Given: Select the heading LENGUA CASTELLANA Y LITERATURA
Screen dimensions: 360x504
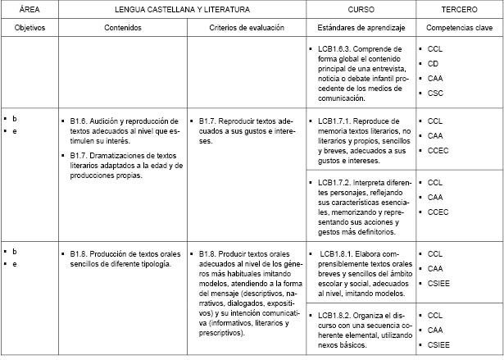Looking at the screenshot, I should tap(181, 9).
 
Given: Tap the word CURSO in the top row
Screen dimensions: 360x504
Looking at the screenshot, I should tap(361, 9).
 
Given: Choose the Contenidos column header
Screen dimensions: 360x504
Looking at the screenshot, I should tap(123, 27).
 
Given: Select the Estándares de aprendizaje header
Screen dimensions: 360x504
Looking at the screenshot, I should tap(360, 27).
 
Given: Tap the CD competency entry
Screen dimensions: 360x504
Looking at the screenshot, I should tap(433, 63).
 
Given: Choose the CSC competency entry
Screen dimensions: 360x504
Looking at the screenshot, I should tap(434, 93).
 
